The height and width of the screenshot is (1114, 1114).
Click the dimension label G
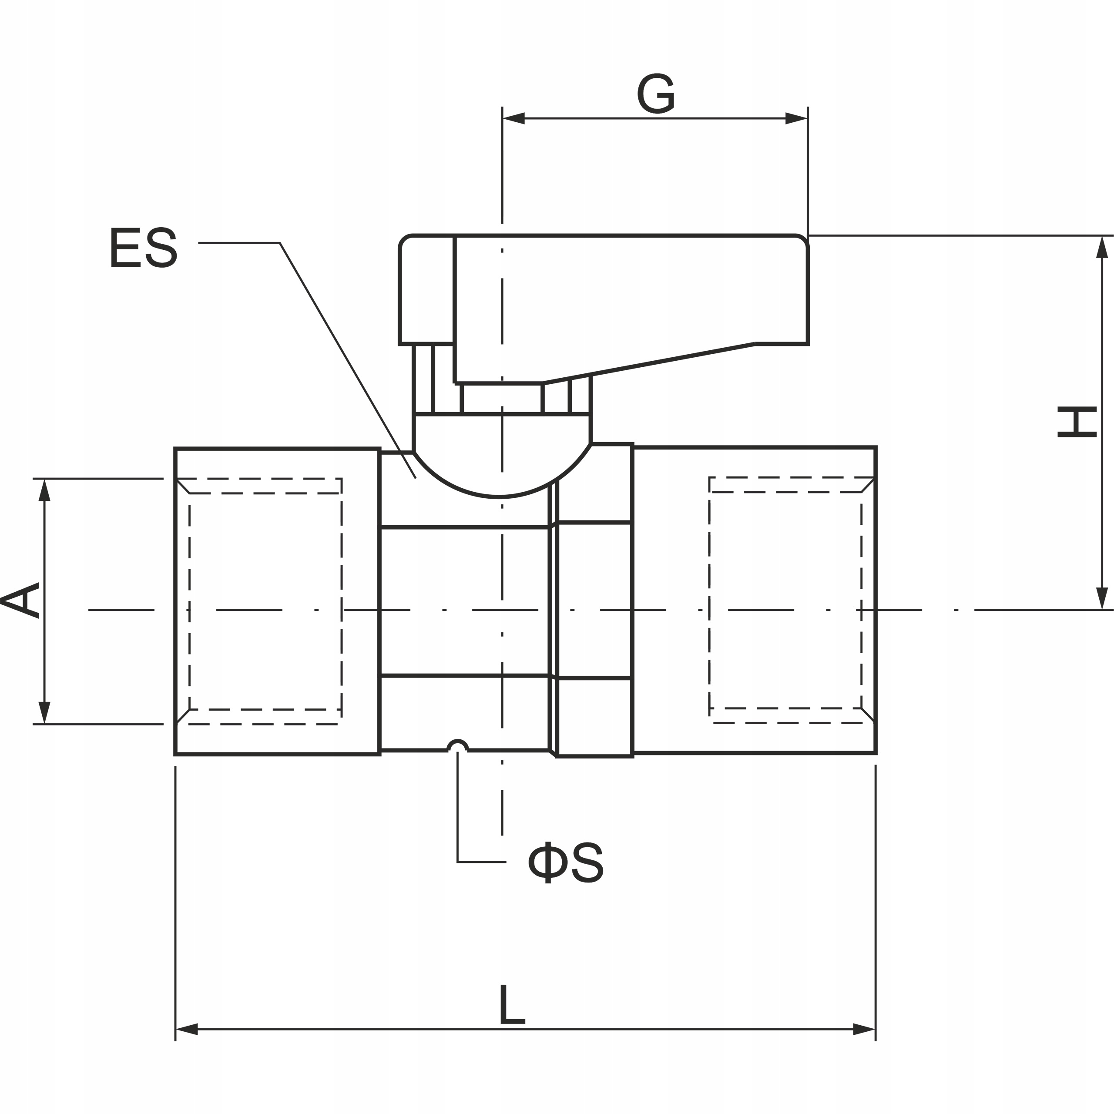[656, 94]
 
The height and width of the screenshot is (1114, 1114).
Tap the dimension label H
[1077, 422]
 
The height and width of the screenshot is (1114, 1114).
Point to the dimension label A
[20, 600]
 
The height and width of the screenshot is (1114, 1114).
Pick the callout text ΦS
[566, 862]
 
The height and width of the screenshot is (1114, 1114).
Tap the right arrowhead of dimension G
[796, 119]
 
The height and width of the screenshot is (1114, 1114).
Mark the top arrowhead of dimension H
[1102, 247]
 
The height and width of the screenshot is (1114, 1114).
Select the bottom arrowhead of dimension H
[1102, 598]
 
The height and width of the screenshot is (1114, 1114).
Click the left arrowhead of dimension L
[187, 1029]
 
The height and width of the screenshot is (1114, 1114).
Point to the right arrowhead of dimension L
[864, 1029]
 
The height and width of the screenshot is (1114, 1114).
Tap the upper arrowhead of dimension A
[44, 490]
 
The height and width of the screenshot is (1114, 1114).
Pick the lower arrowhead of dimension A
[44, 713]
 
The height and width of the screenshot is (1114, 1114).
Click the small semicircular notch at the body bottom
[458, 745]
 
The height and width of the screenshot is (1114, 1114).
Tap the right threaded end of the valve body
[754, 600]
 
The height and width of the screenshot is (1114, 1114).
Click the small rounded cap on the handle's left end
[427, 289]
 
